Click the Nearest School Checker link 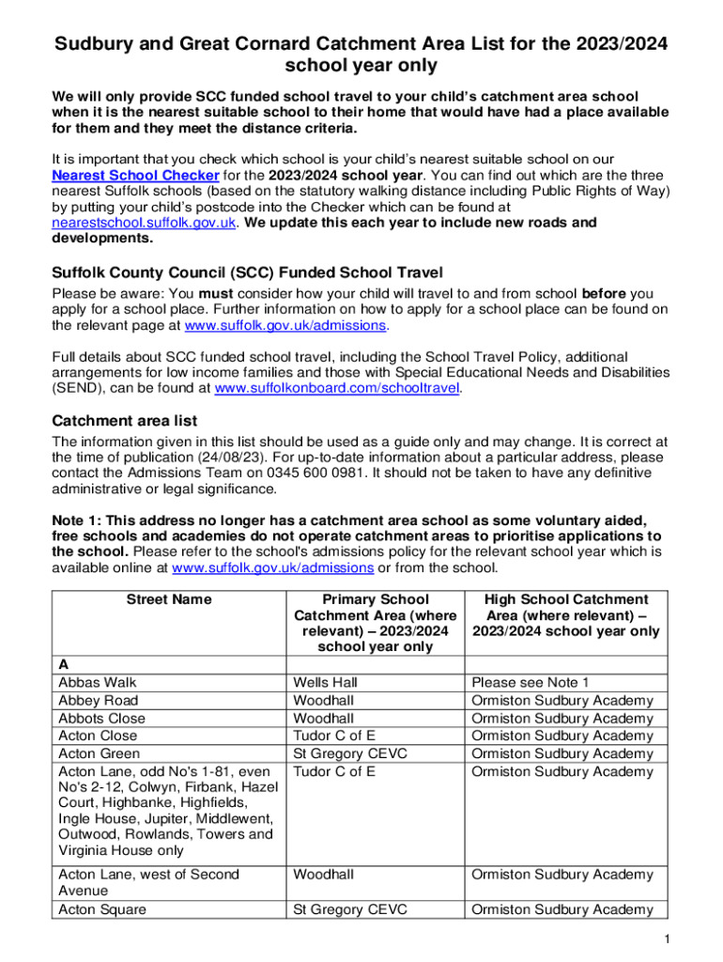pyautogui.click(x=136, y=176)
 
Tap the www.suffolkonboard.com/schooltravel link pyautogui.click(x=338, y=387)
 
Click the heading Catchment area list pyautogui.click(x=125, y=420)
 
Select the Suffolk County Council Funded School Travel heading pyautogui.click(x=247, y=272)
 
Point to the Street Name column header pyautogui.click(x=169, y=599)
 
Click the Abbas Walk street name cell pyautogui.click(x=98, y=682)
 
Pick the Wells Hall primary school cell pyautogui.click(x=326, y=682)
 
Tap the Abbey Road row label pyautogui.click(x=98, y=700)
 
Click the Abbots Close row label pyautogui.click(x=101, y=718)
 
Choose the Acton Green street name pyautogui.click(x=99, y=753)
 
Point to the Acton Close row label pyautogui.click(x=97, y=736)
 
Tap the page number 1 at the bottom pyautogui.click(x=664, y=940)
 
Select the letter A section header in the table pyautogui.click(x=63, y=665)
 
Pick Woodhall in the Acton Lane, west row pyautogui.click(x=324, y=875)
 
